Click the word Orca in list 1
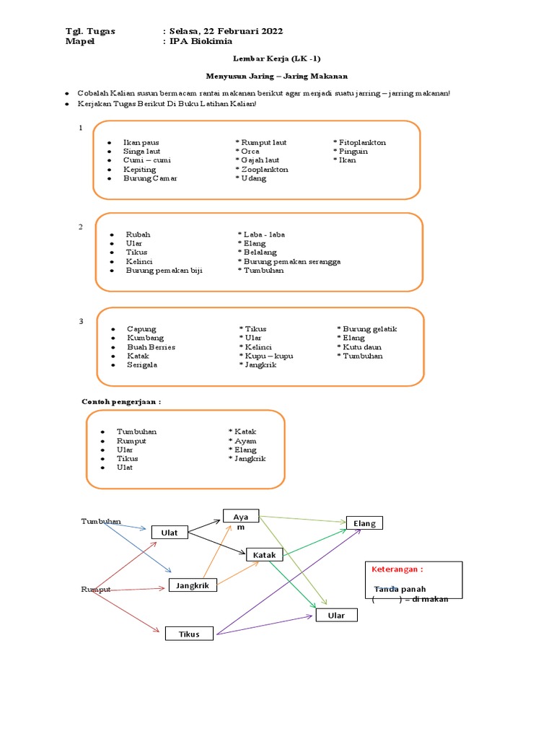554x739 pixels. [250, 152]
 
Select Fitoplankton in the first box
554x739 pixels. [362, 142]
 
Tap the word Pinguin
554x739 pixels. [353, 152]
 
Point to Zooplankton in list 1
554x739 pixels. [264, 169]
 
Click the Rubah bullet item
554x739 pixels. [138, 235]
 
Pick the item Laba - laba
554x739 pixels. [264, 235]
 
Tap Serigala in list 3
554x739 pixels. [142, 364]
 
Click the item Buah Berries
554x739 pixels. [151, 347]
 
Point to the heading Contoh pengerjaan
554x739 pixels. [120, 401]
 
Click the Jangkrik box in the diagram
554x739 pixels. [193, 585]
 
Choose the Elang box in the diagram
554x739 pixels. [364, 523]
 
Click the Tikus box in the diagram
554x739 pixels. [190, 634]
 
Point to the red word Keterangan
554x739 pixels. [397, 569]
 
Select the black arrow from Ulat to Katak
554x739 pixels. [216, 543]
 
